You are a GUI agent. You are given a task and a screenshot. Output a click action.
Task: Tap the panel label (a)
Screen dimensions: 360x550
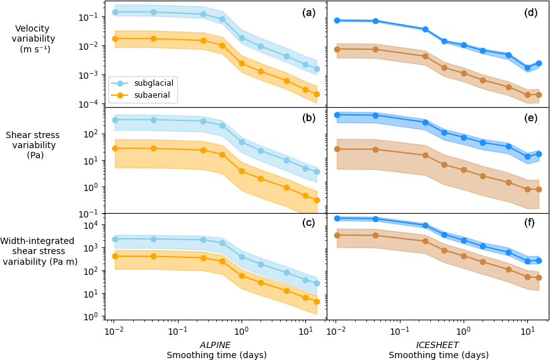[x=308, y=13]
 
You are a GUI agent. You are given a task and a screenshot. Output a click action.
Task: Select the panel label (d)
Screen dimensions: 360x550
[x=530, y=13]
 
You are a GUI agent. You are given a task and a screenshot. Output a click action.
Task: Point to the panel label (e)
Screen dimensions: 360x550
[x=530, y=118]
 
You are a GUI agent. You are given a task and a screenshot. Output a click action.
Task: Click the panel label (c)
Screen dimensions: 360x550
[x=308, y=223]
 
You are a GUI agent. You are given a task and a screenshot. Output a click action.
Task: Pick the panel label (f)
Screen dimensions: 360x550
[x=530, y=223]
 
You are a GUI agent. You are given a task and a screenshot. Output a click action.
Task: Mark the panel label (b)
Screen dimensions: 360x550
[x=308, y=118]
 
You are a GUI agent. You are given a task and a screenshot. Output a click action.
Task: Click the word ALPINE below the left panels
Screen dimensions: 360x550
[x=215, y=345]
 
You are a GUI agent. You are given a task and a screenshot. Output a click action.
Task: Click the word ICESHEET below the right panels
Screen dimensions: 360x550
[x=437, y=345]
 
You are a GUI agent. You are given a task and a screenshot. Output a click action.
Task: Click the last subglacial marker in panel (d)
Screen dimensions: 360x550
[x=539, y=63]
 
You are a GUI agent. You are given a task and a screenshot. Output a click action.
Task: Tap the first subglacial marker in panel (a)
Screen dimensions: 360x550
[x=115, y=12]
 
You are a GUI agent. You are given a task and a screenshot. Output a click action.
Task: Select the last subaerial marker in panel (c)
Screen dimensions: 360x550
[x=317, y=301]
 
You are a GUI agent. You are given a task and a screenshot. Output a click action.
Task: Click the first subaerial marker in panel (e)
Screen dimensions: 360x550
[x=337, y=149]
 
